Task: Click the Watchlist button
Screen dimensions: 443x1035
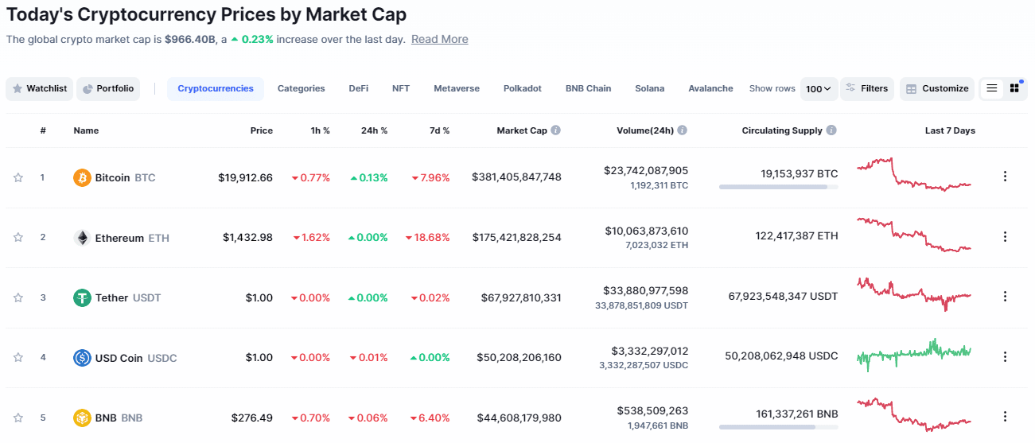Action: pos(40,89)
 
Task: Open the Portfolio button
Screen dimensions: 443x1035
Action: pos(108,89)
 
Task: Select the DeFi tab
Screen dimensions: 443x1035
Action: pos(358,89)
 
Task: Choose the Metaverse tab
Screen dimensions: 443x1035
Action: pos(457,89)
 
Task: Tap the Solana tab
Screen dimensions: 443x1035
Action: pos(649,89)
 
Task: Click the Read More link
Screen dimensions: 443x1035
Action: pos(439,40)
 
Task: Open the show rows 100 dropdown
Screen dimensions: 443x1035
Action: pos(819,89)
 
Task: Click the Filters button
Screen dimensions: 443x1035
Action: pos(867,89)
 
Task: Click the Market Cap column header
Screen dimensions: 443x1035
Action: pos(522,130)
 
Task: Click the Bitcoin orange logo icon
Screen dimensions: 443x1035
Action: pos(82,177)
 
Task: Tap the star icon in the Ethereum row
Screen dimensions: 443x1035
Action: pos(18,237)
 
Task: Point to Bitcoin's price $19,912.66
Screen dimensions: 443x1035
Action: pos(245,177)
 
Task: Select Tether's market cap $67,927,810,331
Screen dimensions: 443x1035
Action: pos(521,297)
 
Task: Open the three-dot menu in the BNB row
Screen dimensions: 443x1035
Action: pos(1005,418)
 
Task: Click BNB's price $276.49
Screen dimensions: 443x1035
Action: pos(252,418)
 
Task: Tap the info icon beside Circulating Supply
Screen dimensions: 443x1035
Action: pos(831,130)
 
